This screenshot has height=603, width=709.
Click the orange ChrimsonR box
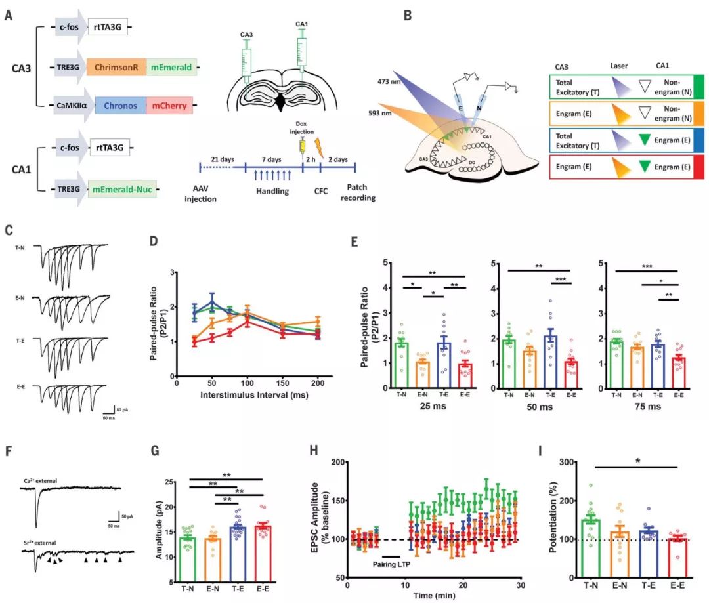tap(116, 66)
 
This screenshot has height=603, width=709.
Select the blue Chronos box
tap(121, 105)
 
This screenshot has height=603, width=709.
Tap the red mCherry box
tap(169, 105)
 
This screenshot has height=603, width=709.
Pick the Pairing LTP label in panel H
tap(393, 565)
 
